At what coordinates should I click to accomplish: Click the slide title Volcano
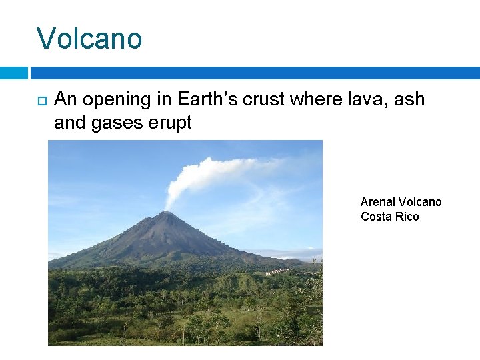[89, 39]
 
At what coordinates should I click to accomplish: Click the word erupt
[173, 123]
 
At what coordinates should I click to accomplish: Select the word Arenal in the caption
[377, 202]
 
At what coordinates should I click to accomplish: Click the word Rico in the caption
[406, 217]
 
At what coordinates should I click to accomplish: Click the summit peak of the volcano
[163, 214]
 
